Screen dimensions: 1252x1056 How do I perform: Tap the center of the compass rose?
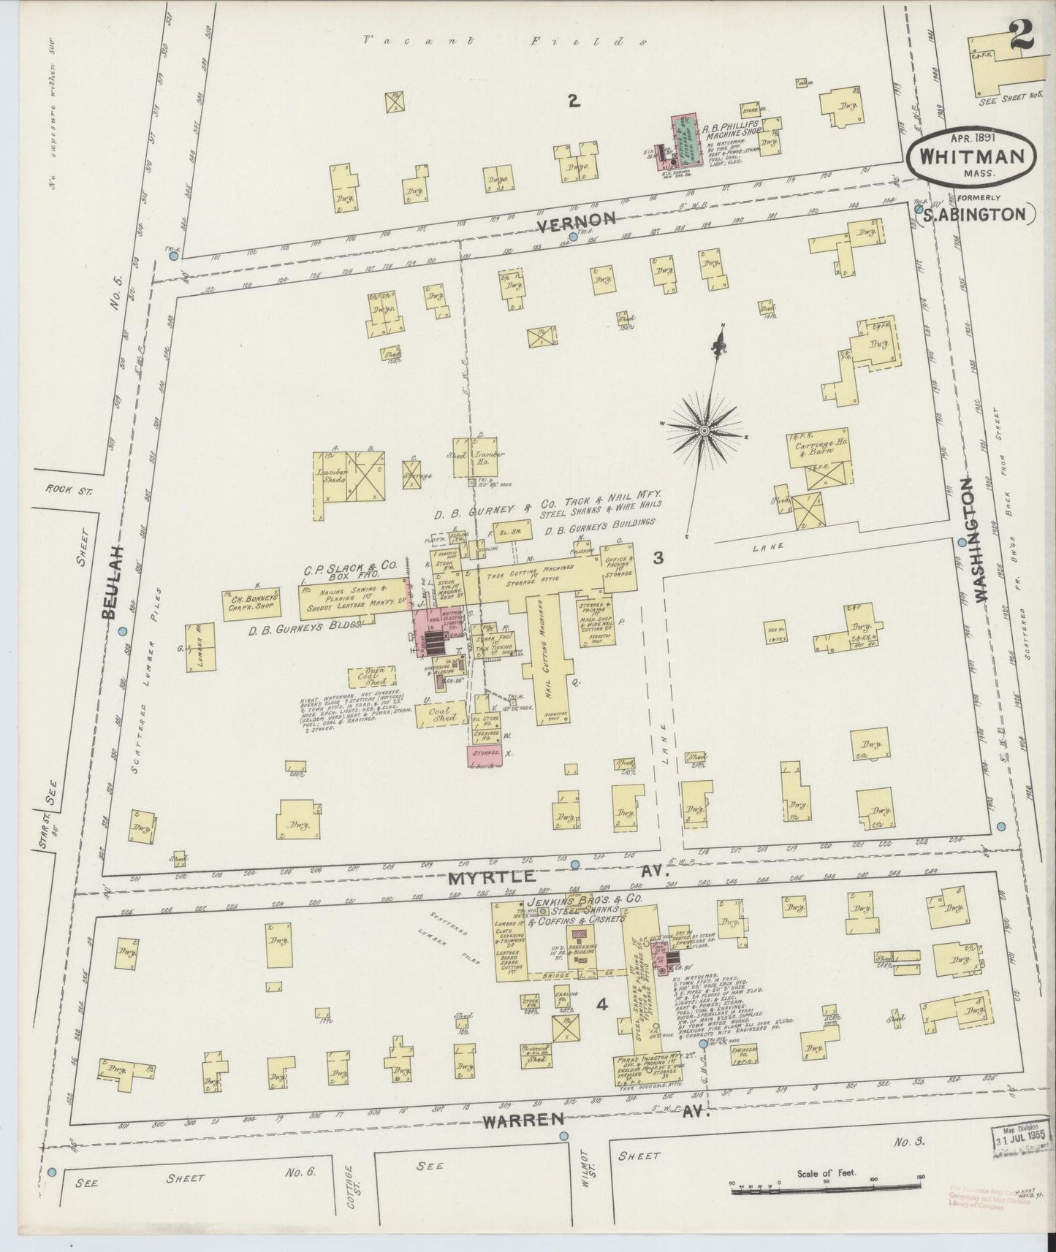(703, 431)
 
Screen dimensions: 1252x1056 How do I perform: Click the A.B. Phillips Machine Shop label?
(733, 129)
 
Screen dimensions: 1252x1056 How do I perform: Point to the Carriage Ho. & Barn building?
(819, 448)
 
